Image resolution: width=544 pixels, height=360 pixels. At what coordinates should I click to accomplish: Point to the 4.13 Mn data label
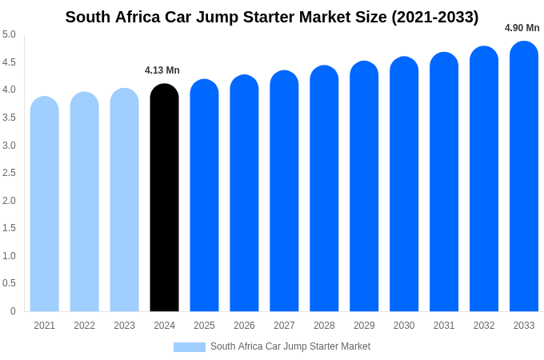[x=162, y=70]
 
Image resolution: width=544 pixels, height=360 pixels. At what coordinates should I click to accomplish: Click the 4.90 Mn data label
[x=522, y=28]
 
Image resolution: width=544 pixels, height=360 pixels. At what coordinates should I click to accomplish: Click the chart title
[x=272, y=17]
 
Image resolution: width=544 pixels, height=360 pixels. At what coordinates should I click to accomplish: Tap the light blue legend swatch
[x=190, y=347]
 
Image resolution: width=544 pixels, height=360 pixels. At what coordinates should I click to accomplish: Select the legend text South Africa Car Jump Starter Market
[x=290, y=346]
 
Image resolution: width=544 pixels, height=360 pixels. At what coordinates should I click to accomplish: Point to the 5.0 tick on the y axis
[x=9, y=34]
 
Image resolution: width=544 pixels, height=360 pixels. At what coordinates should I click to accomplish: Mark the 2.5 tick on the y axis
[x=9, y=173]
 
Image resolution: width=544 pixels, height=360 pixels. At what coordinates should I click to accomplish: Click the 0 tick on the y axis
[x=13, y=311]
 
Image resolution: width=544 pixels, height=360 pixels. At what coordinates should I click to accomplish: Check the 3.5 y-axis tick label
[x=9, y=118]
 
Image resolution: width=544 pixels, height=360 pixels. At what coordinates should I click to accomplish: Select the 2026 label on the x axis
[x=244, y=326]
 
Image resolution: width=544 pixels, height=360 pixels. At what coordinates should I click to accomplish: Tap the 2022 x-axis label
[x=84, y=326]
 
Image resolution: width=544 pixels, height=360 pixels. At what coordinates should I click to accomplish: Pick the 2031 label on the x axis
[x=444, y=326]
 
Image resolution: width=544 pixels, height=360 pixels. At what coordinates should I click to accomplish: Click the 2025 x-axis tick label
[x=204, y=326]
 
